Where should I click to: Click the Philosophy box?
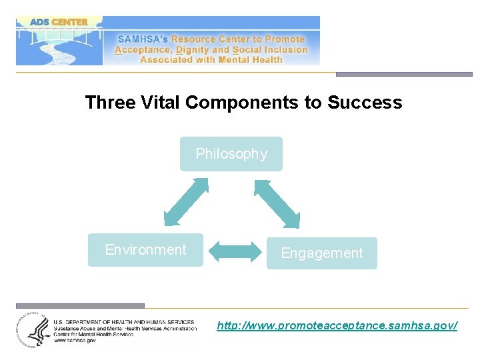pos(231,154)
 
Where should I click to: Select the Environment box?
pos(145,250)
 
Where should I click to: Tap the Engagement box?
pos(322,253)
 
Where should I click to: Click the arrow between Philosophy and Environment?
pos(186,201)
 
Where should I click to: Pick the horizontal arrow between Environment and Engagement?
pos(235,251)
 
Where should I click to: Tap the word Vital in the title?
pos(160,103)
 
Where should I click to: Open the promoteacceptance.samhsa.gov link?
pos(337,325)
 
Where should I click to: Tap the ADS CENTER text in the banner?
pos(59,22)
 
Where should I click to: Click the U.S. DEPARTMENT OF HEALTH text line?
pos(124,322)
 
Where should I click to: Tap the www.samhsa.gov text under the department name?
pos(75,340)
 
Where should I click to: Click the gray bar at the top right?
pos(404,74)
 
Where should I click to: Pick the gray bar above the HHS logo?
pos(80,306)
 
